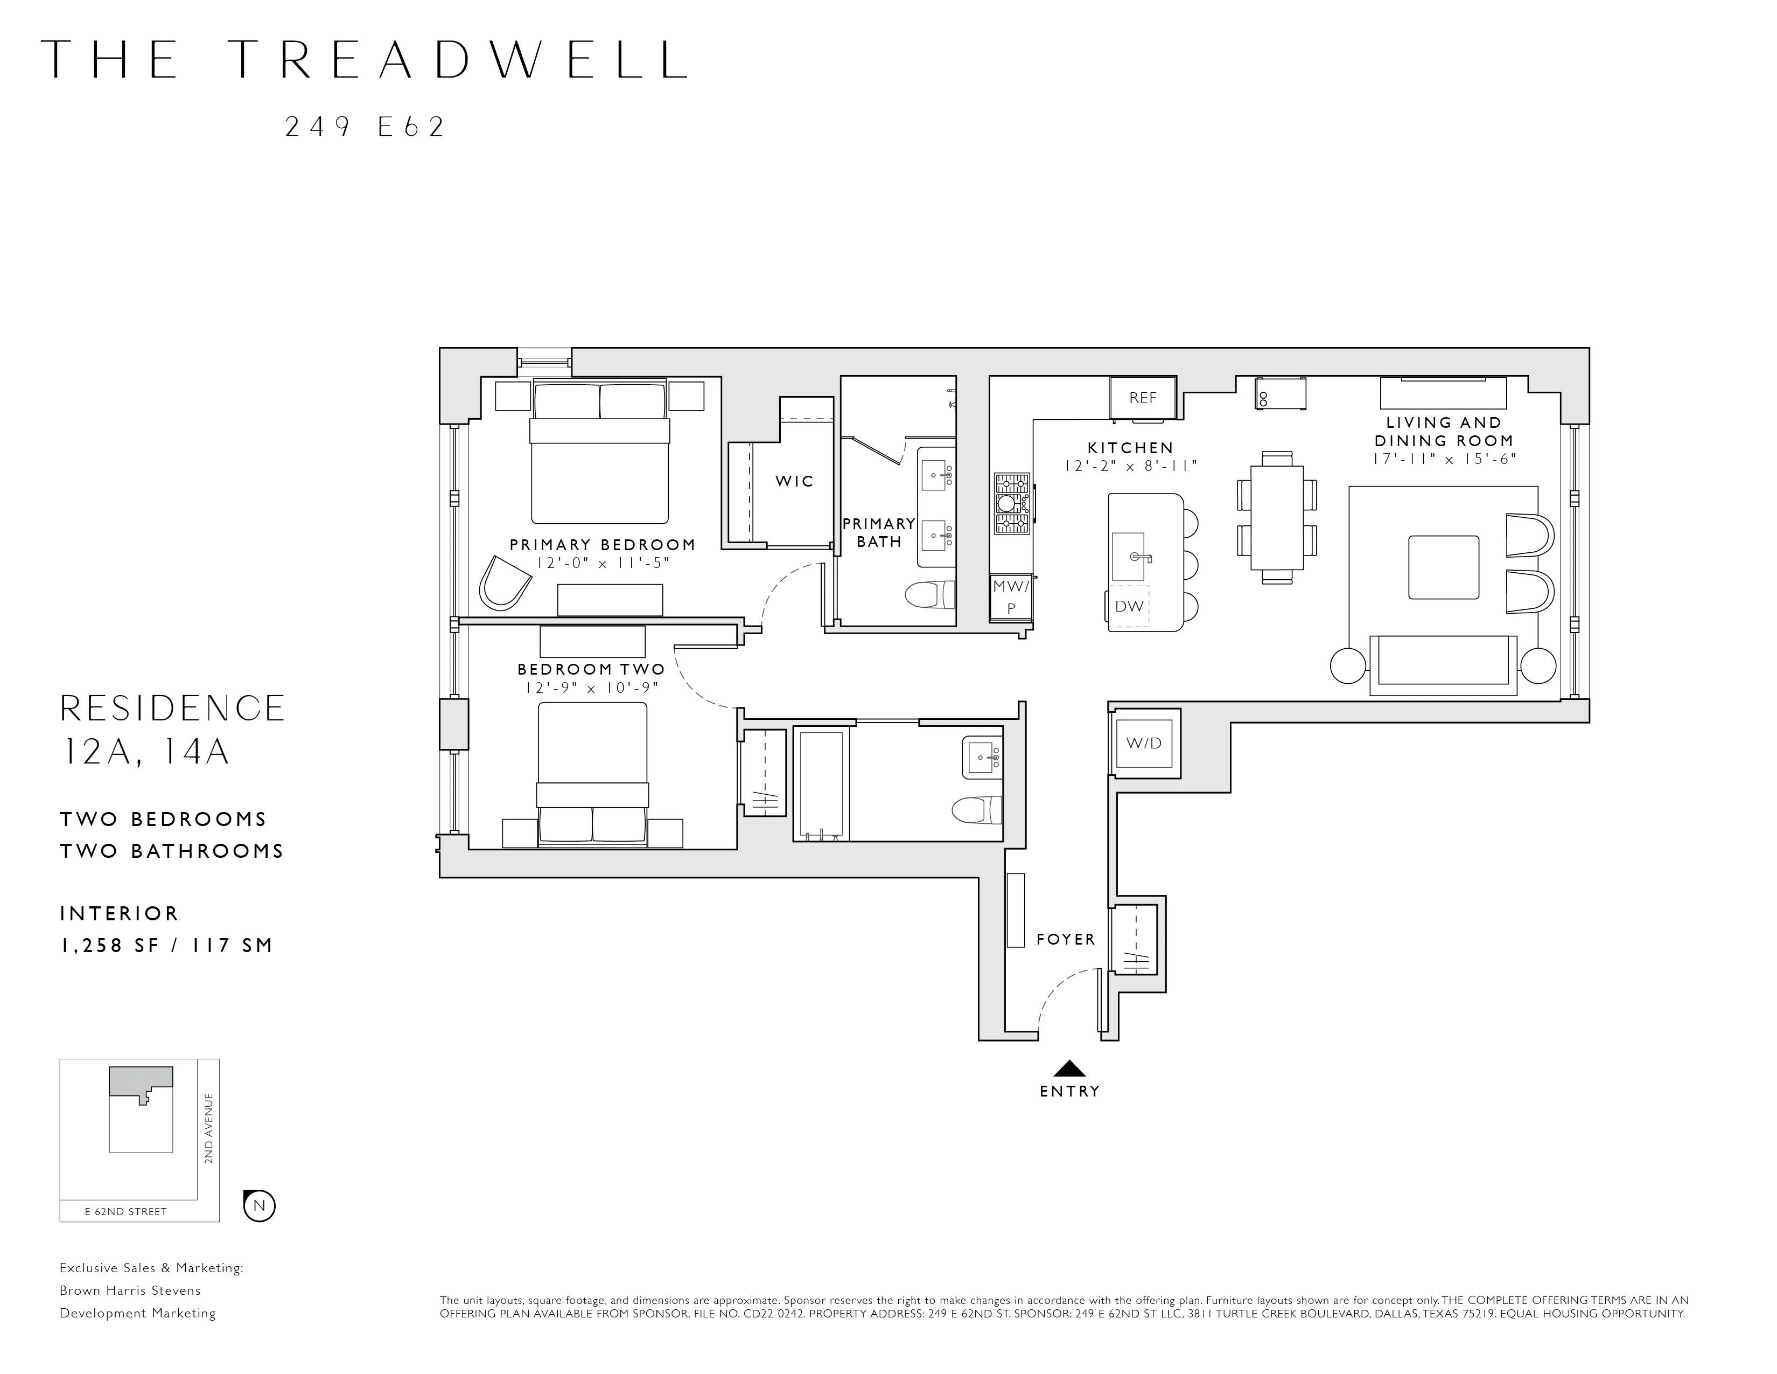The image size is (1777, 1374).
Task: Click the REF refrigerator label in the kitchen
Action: (x=1142, y=398)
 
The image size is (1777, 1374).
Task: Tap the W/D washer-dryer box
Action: (x=1144, y=743)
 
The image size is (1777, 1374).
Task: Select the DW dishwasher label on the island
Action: (x=1129, y=606)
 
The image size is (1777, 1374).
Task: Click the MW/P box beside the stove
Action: (x=1011, y=596)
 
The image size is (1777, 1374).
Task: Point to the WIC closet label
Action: (x=794, y=481)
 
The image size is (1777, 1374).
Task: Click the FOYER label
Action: (x=1066, y=939)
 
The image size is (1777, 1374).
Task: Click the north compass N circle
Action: (x=260, y=1205)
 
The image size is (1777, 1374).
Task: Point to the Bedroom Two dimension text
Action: (x=591, y=689)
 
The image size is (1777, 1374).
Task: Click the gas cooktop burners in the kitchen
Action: (x=1011, y=504)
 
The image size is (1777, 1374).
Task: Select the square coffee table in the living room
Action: (x=1443, y=567)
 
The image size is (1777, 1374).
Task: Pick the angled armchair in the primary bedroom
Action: (x=503, y=583)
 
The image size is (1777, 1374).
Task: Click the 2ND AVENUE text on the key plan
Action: (x=209, y=1128)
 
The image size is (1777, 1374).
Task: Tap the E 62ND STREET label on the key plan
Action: (x=126, y=1211)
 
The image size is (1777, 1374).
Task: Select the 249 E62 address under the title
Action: (x=365, y=127)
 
